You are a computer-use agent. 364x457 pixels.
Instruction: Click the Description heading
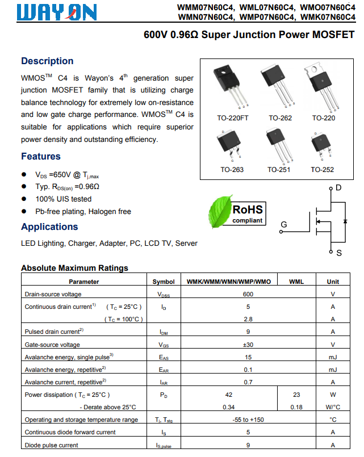pyautogui.click(x=47, y=61)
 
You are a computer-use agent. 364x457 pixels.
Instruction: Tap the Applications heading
pyautogui.click(x=49, y=227)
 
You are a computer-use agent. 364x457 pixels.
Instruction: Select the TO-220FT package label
pyautogui.click(x=233, y=118)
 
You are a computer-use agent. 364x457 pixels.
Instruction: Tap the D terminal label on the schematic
pyautogui.click(x=338, y=187)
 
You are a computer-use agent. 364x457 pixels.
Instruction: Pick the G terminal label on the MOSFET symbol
pyautogui.click(x=283, y=225)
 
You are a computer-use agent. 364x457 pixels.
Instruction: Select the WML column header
pyautogui.click(x=296, y=282)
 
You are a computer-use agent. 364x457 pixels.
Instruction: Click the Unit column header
pyautogui.click(x=333, y=282)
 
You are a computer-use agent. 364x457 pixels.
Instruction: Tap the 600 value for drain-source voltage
pyautogui.click(x=248, y=294)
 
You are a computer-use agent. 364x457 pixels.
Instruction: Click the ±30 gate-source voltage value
pyautogui.click(x=248, y=345)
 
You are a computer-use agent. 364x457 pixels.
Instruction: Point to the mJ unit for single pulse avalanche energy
pyautogui.click(x=333, y=357)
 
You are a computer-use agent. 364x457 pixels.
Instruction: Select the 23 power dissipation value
pyautogui.click(x=296, y=395)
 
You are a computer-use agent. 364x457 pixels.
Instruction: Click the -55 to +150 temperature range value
pyautogui.click(x=248, y=420)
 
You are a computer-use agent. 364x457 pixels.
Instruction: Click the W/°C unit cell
pyautogui.click(x=333, y=407)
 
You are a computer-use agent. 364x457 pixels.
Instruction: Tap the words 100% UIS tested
pyautogui.click(x=63, y=199)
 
